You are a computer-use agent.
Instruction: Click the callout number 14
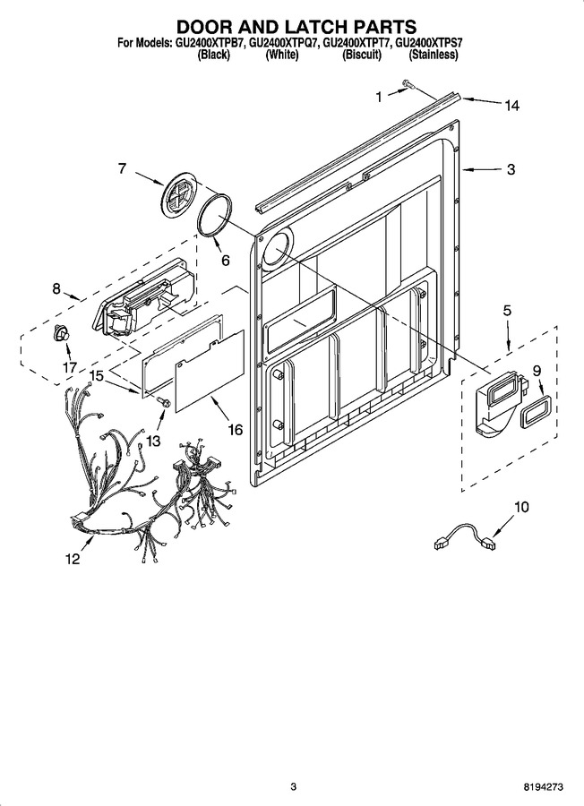pos(511,106)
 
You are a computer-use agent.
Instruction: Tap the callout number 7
pos(122,168)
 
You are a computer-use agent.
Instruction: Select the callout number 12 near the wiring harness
pos(73,559)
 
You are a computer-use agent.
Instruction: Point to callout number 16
pos(235,429)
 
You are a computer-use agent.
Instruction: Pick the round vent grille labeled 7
pos(179,197)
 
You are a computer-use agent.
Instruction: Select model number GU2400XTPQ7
pos(283,43)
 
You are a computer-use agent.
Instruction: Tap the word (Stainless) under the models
pos(433,55)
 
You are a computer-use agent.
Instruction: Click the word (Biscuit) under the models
pos(362,55)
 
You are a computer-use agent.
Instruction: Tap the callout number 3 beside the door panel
pos(511,169)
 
